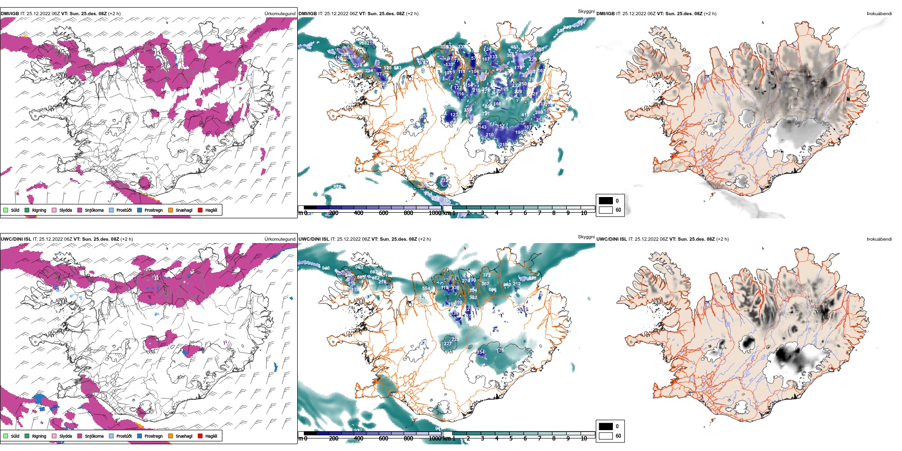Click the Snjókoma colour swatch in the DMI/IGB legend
click(80, 210)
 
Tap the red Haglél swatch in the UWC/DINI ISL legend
click(200, 436)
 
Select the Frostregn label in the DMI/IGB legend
click(153, 210)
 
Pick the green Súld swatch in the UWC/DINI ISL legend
click(6, 436)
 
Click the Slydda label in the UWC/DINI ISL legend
click(66, 436)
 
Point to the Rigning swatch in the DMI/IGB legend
click(27, 210)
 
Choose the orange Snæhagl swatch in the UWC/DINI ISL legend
click(170, 436)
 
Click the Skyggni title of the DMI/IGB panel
click(586, 11)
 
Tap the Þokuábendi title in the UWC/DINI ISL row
click(879, 239)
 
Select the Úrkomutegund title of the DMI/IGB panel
click(280, 14)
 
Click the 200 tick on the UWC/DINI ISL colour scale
click(334, 439)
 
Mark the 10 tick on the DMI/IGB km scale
click(584, 213)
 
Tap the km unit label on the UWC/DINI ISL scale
click(447, 439)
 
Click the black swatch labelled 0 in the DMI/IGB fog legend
click(606, 200)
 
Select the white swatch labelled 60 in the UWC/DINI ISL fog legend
click(606, 436)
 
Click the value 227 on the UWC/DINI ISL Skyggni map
click(448, 344)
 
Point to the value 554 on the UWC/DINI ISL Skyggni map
click(426, 289)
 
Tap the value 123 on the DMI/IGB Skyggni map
click(454, 115)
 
